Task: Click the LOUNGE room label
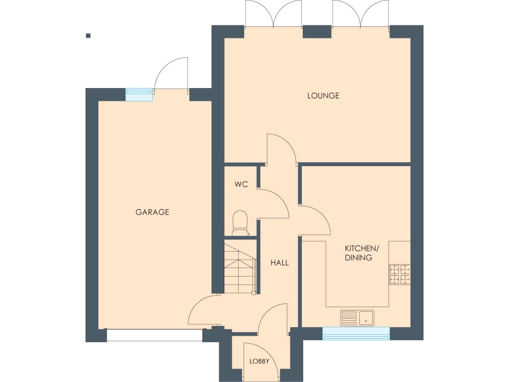tap(323, 95)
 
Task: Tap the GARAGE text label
tap(153, 212)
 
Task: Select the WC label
tap(241, 185)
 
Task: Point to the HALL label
tap(279, 263)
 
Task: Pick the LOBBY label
tap(259, 362)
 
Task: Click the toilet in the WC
tap(241, 223)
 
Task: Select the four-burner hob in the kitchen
tap(400, 275)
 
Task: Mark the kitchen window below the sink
tap(356, 333)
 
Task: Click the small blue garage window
tap(139, 94)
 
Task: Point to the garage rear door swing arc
tap(171, 75)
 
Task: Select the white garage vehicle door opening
tap(155, 335)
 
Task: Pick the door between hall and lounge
tap(281, 149)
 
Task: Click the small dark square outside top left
tap(88, 35)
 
